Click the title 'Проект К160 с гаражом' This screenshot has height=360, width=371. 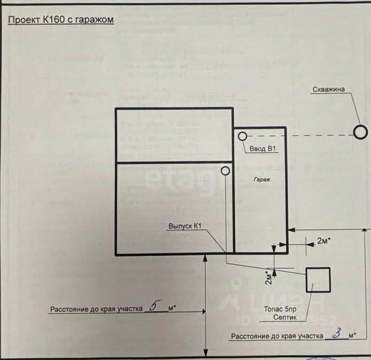(60, 20)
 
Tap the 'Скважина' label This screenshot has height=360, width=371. (328, 90)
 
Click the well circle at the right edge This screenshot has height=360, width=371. (361, 132)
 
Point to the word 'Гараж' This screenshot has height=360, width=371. (261, 181)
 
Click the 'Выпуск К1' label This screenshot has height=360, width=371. (185, 227)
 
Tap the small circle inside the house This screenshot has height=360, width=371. (225, 171)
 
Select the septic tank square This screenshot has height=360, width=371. (318, 279)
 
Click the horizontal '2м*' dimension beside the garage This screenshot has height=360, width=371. (323, 241)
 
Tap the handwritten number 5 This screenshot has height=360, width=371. (155, 307)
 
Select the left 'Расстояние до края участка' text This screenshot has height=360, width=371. (96, 309)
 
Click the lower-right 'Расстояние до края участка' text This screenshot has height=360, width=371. (277, 336)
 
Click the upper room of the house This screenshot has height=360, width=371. (174, 135)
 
